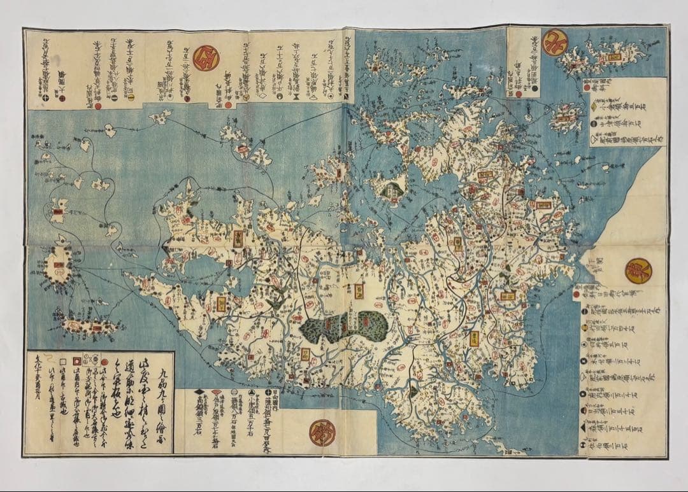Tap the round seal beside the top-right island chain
pyautogui.click(x=555, y=43)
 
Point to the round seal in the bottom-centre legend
pyautogui.click(x=322, y=433)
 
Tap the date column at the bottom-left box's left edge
pyautogui.click(x=37, y=401)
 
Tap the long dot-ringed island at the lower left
pyautogui.click(x=89, y=327)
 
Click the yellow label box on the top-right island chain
pyautogui.click(x=614, y=57)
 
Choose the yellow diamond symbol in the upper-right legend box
pyautogui.click(x=592, y=108)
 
